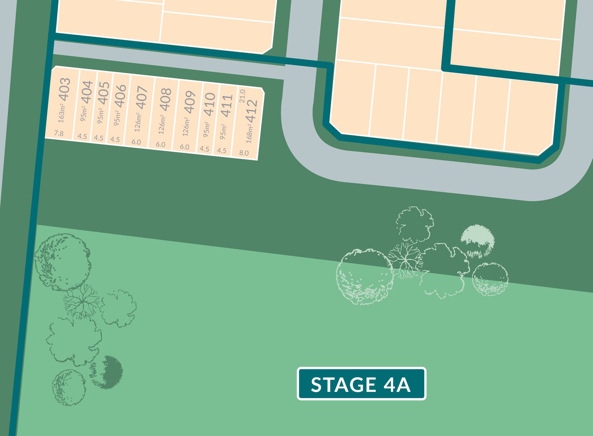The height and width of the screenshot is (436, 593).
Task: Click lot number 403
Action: coord(64,89)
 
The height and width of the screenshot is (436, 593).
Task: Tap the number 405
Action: coord(103,93)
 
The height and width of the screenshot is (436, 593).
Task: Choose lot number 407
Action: coord(142,98)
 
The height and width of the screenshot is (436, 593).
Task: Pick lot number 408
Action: coord(165,99)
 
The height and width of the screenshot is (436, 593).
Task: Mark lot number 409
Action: coord(189,102)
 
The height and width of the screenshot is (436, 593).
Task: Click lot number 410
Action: coord(209,104)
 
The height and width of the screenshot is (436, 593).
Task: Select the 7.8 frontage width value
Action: coord(59,133)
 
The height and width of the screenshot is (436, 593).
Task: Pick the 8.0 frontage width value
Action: coord(244,153)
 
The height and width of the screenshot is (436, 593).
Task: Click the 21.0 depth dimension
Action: coord(242,96)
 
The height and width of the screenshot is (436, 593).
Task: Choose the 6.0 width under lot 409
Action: coord(184,147)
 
